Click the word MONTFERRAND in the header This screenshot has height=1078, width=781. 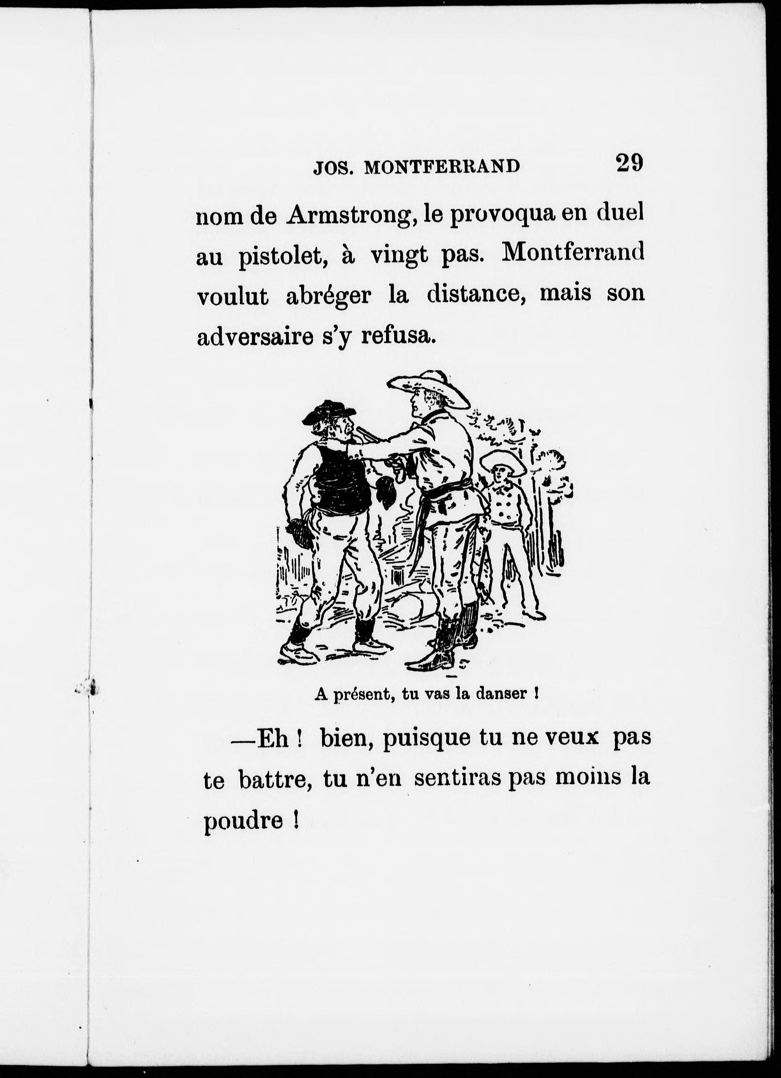tap(442, 167)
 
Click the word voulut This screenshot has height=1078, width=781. tap(232, 296)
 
